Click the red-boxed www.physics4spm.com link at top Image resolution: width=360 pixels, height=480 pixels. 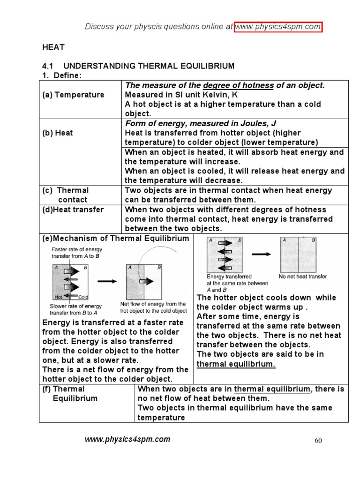point(278,27)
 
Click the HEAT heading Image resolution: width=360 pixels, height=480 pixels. point(53,47)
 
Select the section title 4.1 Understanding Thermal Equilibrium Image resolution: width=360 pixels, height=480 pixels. point(138,66)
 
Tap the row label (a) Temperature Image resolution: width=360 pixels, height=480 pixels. point(73,95)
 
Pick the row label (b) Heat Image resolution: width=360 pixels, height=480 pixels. point(58,133)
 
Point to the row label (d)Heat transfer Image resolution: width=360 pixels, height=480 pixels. point(73,210)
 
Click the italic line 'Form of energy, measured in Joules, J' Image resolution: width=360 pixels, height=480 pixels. point(200,123)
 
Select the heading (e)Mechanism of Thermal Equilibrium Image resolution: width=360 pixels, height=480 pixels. point(116,238)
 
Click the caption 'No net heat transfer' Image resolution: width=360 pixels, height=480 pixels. point(303,277)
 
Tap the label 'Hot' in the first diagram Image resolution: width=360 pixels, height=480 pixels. point(59,297)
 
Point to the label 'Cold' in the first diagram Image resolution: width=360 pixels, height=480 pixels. point(83,297)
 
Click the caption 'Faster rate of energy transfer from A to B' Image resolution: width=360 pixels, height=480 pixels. point(76,253)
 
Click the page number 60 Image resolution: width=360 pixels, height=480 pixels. point(318,441)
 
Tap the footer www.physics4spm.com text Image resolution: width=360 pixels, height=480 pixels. point(127,439)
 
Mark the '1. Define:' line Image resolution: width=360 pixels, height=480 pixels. point(61,75)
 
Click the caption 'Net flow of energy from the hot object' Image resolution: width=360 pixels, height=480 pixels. point(153,307)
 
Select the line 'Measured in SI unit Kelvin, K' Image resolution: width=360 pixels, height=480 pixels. point(181,95)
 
